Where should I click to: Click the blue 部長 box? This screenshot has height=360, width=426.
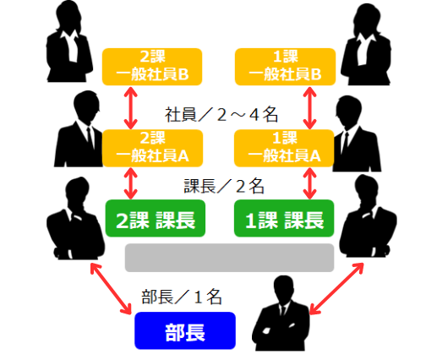pyautogui.click(x=185, y=330)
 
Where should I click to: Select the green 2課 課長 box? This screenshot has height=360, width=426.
pyautogui.click(x=156, y=218)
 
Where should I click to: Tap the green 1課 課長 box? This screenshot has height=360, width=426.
pyautogui.click(x=284, y=218)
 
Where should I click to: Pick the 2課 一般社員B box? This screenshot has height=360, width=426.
pyautogui.click(x=152, y=67)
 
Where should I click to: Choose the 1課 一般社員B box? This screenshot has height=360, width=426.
pyautogui.click(x=285, y=67)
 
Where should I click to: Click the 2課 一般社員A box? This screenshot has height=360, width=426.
pyautogui.click(x=152, y=148)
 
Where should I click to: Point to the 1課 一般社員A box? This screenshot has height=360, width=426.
pyautogui.click(x=284, y=148)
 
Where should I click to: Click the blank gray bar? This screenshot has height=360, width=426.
pyautogui.click(x=229, y=258)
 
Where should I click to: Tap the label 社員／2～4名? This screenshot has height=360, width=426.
pyautogui.click(x=221, y=115)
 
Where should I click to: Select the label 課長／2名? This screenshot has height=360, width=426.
pyautogui.click(x=224, y=186)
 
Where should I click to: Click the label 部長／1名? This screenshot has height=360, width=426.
pyautogui.click(x=182, y=297)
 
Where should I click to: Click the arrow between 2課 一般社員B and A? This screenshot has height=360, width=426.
pyautogui.click(x=131, y=108)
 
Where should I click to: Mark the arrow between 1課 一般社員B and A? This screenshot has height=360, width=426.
pyautogui.click(x=309, y=108)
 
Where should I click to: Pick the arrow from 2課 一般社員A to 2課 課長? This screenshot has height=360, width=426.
pyautogui.click(x=131, y=183)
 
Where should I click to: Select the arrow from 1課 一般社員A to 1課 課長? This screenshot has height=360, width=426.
pyautogui.click(x=310, y=183)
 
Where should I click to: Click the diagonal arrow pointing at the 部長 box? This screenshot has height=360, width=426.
pyautogui.click(x=111, y=289)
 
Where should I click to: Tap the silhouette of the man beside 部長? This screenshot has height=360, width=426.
pyautogui.click(x=281, y=314)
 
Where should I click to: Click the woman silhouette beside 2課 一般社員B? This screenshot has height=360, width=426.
pyautogui.click(x=69, y=41)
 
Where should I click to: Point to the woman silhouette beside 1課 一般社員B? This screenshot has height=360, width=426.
pyautogui.click(x=366, y=44)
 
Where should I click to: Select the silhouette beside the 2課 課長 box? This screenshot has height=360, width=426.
pyautogui.click(x=75, y=218)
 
